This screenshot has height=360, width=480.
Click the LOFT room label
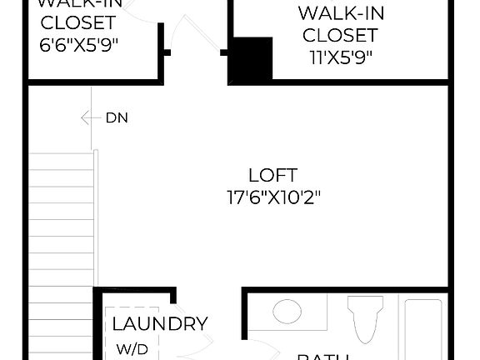click(x=272, y=175)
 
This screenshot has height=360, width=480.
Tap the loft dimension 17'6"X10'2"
click(x=273, y=197)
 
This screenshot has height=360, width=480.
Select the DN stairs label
click(x=117, y=117)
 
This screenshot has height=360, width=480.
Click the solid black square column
click(x=251, y=60)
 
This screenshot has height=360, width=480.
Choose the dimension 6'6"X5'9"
click(x=79, y=43)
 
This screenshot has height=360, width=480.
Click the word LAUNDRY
click(x=159, y=324)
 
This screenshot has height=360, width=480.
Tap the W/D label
click(x=132, y=348)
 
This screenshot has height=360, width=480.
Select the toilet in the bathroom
click(x=364, y=321)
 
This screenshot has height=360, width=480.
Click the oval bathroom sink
click(x=287, y=313)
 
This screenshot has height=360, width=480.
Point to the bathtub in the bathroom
click(x=430, y=329)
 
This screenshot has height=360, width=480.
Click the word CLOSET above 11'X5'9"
click(x=339, y=36)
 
